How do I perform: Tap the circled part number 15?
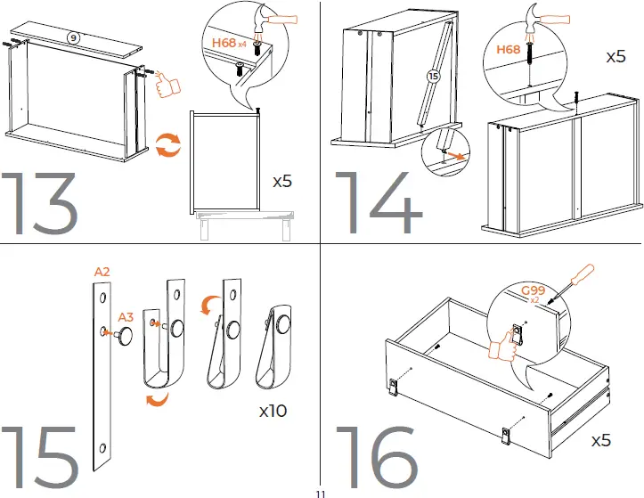coord(434,78)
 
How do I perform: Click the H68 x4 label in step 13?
coord(229,42)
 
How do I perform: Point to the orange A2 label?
coord(102,271)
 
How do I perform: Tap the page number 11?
coord(321,492)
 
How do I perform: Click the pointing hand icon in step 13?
coord(166,86)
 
